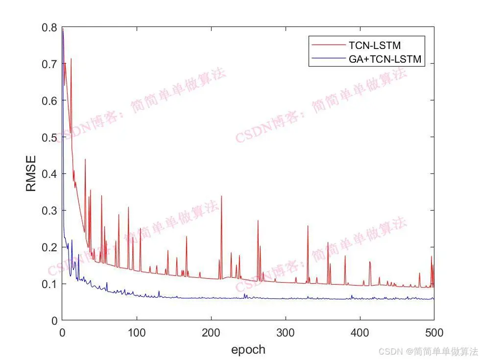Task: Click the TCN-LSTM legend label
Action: pos(375,46)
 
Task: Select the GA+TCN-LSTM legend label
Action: pos(385,59)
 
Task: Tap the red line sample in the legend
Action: pos(328,46)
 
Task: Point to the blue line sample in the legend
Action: pos(328,59)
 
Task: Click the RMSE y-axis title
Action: pos(31,173)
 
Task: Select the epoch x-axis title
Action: pos(248,349)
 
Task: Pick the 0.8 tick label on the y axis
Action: pos(49,27)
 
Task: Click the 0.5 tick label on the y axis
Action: pos(49,138)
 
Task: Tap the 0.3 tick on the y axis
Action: pos(49,211)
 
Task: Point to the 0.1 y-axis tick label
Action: pos(49,284)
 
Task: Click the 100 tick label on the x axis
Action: pos(137,333)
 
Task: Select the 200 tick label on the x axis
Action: pos(211,333)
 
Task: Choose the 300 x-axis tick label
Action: pos(286,333)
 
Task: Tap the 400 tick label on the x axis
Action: pos(360,333)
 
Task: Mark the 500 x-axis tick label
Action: pos(434,333)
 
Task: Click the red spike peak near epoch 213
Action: pos(221,196)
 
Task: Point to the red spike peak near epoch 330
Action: pos(308,226)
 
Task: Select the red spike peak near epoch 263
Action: pos(258,220)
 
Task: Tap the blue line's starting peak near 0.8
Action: pos(63,29)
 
